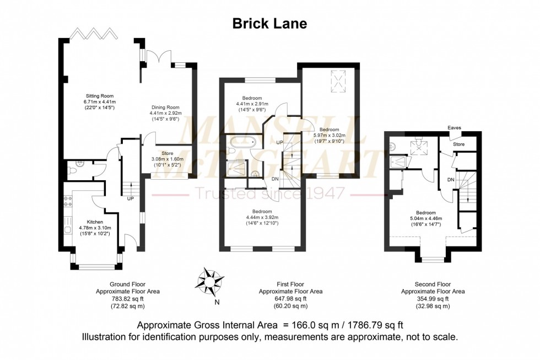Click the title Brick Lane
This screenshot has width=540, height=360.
pyautogui.click(x=270, y=23)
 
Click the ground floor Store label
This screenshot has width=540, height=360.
pyautogui.click(x=167, y=153)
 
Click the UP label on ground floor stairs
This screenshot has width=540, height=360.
pyautogui.click(x=131, y=198)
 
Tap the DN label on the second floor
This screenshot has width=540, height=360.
pyautogui.click(x=450, y=180)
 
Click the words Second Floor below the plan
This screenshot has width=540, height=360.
pyautogui.click(x=433, y=284)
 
